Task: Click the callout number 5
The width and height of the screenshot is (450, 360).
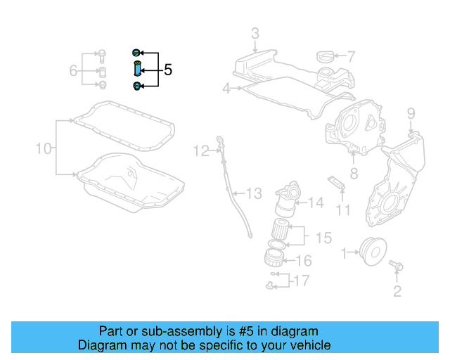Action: point(167,70)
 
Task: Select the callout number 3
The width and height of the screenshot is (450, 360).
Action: point(255,33)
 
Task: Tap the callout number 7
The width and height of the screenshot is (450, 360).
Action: point(351,56)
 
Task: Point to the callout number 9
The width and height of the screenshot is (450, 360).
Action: point(411,112)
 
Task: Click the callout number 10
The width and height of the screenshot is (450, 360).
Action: point(44,148)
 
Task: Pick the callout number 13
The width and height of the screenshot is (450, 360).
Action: point(254,193)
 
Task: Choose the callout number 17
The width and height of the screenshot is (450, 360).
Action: point(301,281)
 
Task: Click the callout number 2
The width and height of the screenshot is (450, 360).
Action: point(397,291)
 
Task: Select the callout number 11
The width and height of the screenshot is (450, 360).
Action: point(342,210)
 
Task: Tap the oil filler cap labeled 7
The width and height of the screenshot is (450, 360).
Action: point(326,56)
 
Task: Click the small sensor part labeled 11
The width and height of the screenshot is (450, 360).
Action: point(337,181)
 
